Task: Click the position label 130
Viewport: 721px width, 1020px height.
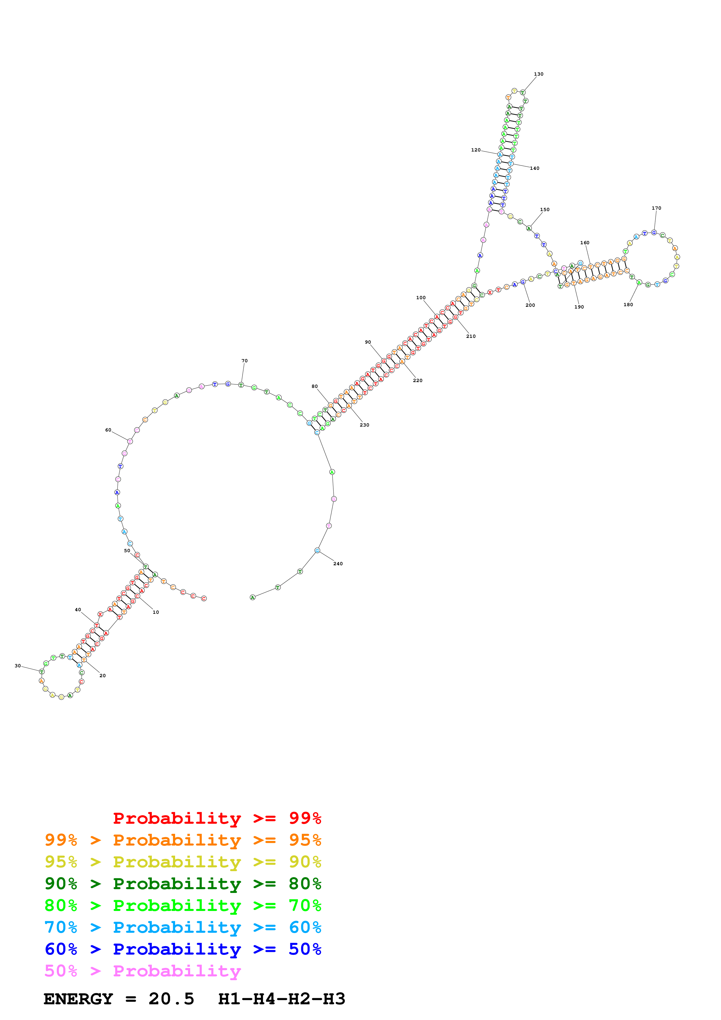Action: click(538, 74)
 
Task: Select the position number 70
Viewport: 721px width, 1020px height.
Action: click(244, 361)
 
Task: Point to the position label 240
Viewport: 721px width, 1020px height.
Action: click(338, 564)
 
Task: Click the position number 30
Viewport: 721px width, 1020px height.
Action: click(18, 666)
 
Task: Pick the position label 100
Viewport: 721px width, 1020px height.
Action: click(421, 298)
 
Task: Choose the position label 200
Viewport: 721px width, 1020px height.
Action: click(530, 305)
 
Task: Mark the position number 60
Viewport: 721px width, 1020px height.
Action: click(108, 430)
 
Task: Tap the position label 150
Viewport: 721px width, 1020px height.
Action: click(545, 210)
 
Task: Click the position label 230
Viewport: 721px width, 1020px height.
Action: click(364, 425)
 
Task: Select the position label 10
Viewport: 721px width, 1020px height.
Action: click(156, 612)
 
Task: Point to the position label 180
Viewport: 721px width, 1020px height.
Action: click(628, 305)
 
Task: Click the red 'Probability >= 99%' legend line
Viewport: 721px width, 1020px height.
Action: click(217, 818)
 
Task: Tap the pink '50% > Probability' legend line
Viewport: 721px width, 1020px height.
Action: click(143, 971)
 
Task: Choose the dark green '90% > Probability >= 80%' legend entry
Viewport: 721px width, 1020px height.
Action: click(183, 884)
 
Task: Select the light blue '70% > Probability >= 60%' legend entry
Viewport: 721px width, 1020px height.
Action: click(183, 928)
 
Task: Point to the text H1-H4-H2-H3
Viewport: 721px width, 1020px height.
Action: click(282, 999)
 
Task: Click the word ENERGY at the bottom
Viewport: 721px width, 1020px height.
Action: click(78, 999)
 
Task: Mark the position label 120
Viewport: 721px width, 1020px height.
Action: click(476, 150)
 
